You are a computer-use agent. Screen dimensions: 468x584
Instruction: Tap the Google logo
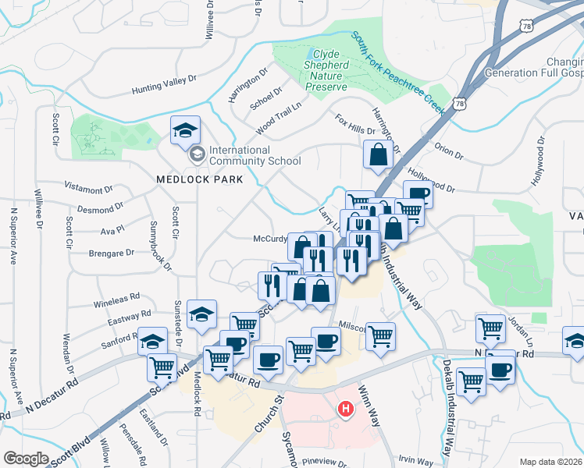[26, 459]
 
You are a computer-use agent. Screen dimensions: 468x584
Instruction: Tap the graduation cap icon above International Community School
[185, 129]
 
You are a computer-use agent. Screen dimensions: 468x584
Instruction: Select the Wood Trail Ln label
[278, 114]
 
